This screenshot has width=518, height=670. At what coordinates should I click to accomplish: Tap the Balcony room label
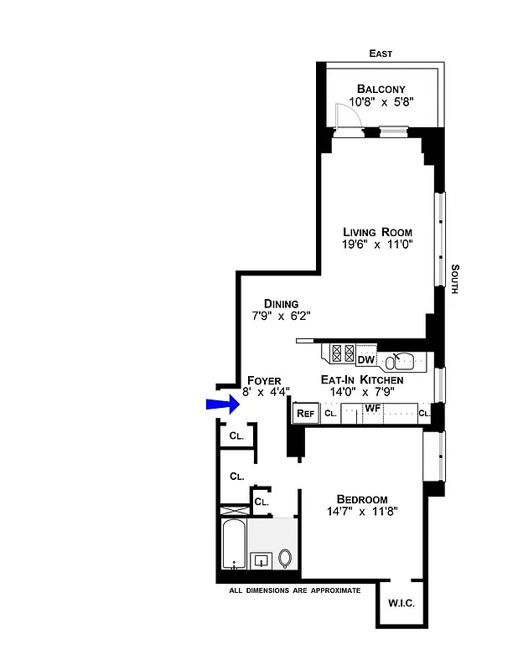coord(381,89)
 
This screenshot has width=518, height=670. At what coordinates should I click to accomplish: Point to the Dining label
coord(281,304)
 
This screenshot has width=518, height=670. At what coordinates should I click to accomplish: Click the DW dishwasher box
coord(365,360)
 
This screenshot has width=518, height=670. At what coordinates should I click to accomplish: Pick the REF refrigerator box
coord(304,413)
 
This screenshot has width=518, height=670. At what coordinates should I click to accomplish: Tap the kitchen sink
coord(400,361)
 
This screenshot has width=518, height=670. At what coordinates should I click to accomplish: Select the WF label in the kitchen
coord(373,408)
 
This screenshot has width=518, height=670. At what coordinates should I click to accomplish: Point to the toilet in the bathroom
coord(285,557)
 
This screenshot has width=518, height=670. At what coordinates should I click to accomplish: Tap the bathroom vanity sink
coord(262,559)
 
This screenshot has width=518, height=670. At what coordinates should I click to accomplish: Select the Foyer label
coord(264,380)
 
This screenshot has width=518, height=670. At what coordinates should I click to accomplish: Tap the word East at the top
coord(381,54)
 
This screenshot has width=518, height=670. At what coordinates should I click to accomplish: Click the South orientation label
coord(454,279)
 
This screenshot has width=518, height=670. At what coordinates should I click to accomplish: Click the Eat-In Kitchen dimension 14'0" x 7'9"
coord(362,391)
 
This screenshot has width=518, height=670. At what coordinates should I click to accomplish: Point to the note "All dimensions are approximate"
coord(295,590)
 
